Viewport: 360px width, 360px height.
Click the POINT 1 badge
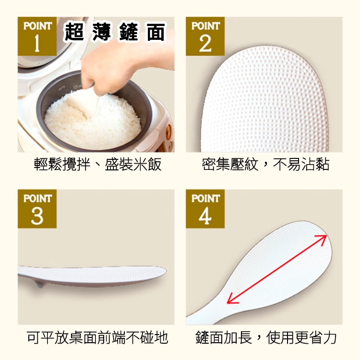point(37,36)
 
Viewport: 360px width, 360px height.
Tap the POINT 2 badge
point(205,36)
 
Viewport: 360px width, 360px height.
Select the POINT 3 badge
point(37,209)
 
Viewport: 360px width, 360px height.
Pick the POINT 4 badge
point(205,209)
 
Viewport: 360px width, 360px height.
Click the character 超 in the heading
point(74,32)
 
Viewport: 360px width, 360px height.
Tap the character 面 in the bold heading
point(156,32)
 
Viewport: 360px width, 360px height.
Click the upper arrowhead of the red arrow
point(323,239)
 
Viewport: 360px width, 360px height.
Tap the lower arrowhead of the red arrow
point(231,299)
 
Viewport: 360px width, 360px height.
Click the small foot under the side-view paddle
point(39,284)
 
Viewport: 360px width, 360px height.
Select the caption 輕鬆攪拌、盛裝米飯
point(97,164)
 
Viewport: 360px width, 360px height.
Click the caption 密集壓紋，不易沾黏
point(265,164)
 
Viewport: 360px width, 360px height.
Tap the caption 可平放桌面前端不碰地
point(97,337)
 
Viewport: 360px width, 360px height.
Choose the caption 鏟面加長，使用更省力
point(265,337)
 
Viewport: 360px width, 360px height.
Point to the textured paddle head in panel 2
point(264,99)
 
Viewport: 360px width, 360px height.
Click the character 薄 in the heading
point(101,32)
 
